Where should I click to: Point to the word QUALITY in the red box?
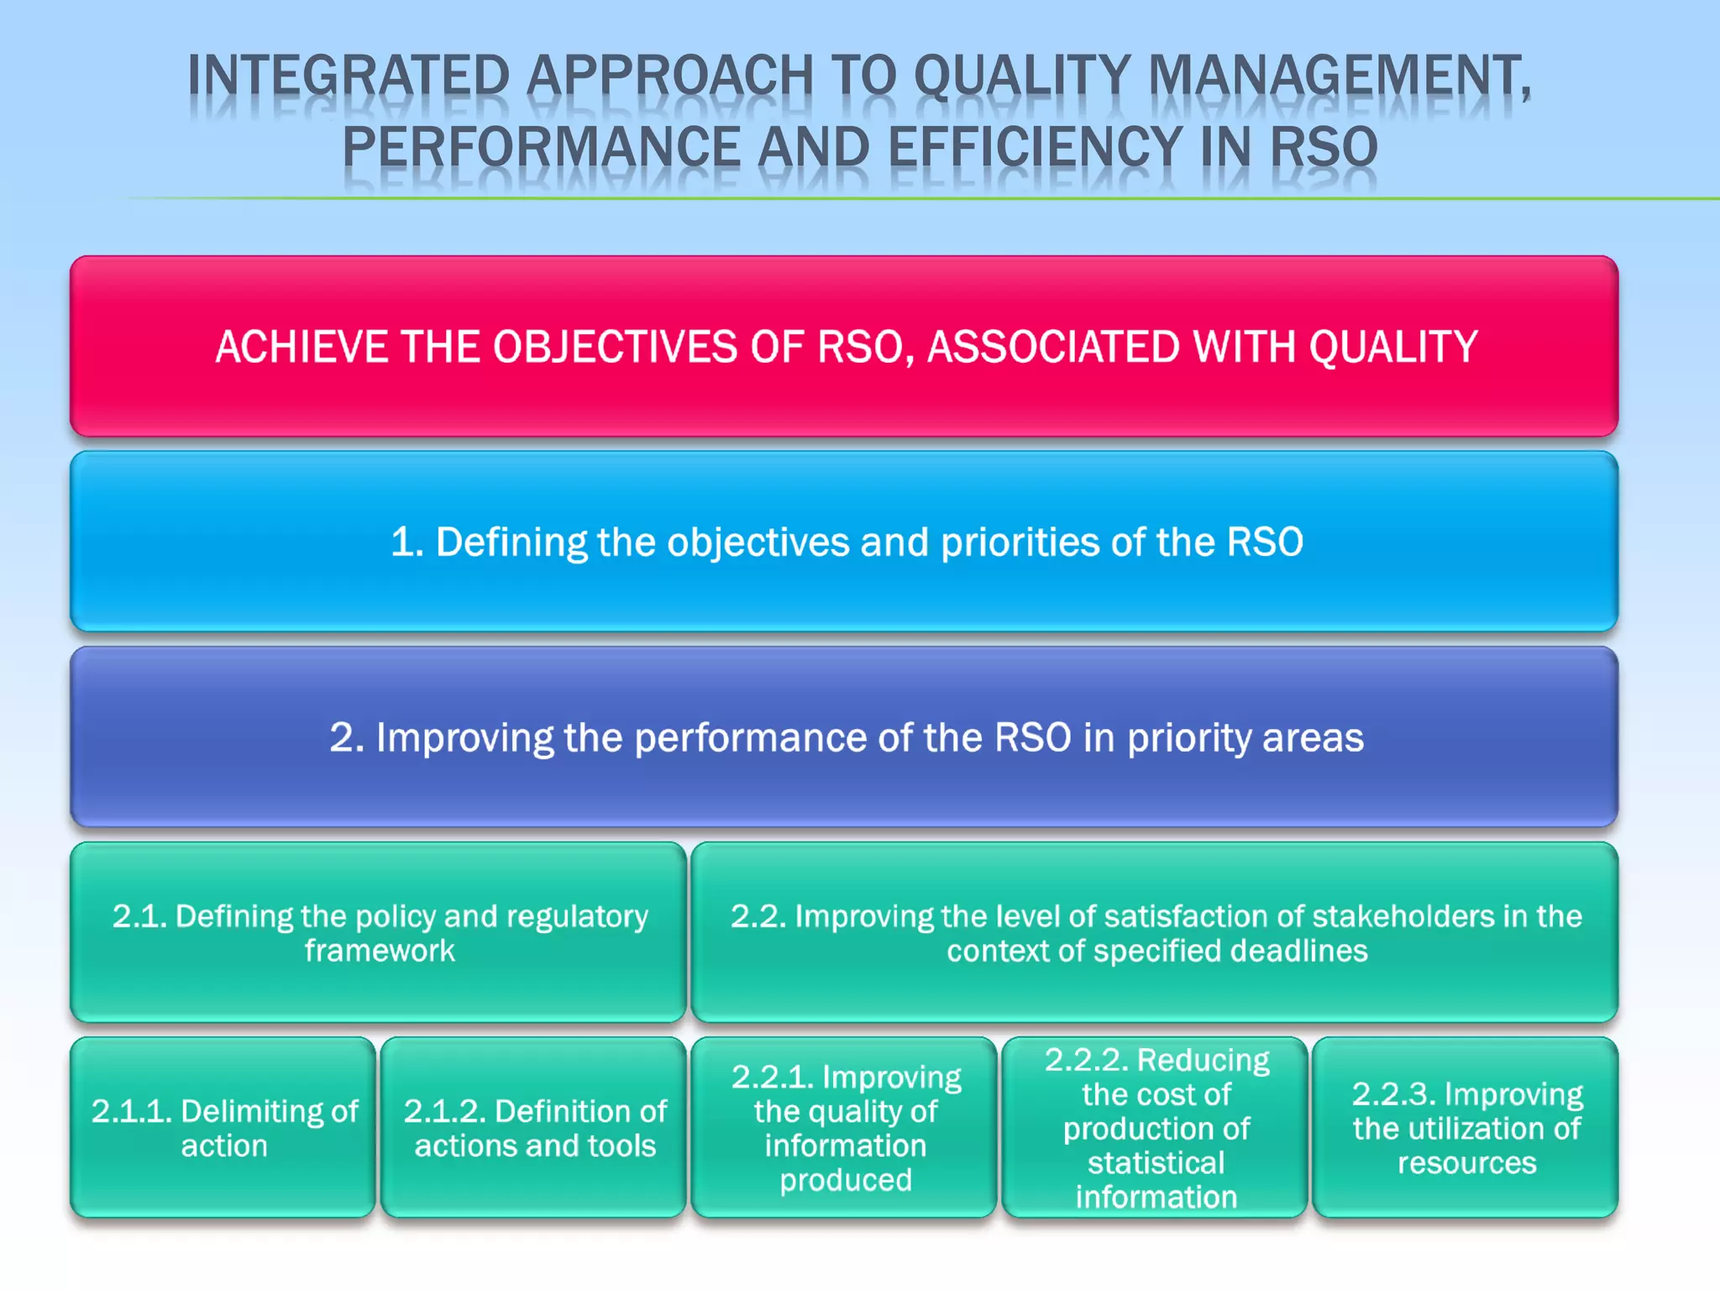point(1393,347)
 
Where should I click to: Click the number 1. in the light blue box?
point(407,542)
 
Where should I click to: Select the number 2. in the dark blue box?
point(347,737)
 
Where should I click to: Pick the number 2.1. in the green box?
point(139,916)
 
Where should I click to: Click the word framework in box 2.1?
point(380,951)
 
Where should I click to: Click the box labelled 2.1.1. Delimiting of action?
point(223,1128)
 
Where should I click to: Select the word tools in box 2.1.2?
point(621,1146)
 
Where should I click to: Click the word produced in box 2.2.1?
point(846,1180)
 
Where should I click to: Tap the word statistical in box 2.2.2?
point(1156,1163)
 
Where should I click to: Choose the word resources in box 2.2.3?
point(1466,1163)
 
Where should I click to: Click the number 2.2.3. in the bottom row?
point(1394,1094)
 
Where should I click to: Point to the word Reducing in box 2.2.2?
point(1203,1060)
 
